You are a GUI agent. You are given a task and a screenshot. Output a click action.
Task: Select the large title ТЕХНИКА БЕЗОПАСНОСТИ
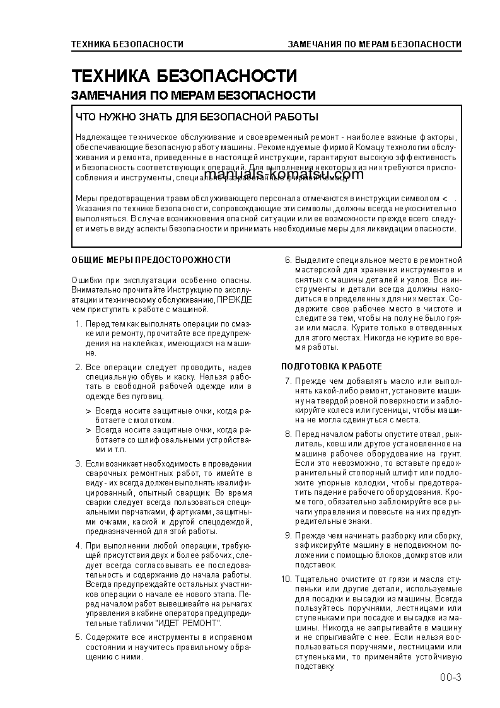point(183,76)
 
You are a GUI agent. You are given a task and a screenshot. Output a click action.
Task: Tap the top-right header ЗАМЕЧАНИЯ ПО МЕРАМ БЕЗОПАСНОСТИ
point(374,44)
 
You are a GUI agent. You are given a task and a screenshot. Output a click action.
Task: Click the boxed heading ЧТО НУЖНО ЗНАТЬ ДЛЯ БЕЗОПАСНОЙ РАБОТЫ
point(197,117)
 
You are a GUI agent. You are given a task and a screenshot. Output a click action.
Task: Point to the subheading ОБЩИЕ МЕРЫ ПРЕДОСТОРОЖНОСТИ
point(151,260)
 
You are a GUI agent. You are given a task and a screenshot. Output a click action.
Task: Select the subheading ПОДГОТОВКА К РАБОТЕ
point(331,366)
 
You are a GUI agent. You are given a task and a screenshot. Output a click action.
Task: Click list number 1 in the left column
point(78,324)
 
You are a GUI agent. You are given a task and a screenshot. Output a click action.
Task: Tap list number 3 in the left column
point(78,464)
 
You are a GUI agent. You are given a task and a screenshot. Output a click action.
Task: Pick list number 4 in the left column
point(78,545)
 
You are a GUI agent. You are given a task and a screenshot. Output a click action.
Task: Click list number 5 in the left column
point(78,637)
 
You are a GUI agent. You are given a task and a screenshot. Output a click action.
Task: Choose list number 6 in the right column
point(288,260)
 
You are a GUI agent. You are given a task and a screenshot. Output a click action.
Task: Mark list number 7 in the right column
point(288,381)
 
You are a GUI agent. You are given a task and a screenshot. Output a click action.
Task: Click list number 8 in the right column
point(288,434)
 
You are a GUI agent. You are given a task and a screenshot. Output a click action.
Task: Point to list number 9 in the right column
point(288,535)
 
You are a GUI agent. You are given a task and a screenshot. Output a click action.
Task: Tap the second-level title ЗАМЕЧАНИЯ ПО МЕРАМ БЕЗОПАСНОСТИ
point(194,96)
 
